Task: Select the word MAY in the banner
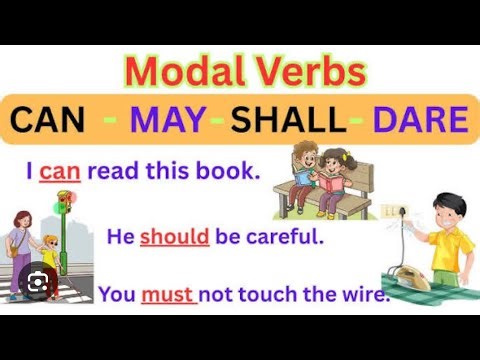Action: pos(171,120)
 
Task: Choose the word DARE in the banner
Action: pos(420,120)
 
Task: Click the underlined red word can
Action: pos(59,171)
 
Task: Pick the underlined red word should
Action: pos(175,238)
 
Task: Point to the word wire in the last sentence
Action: pos(362,295)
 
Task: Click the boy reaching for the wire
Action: pos(450,235)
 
